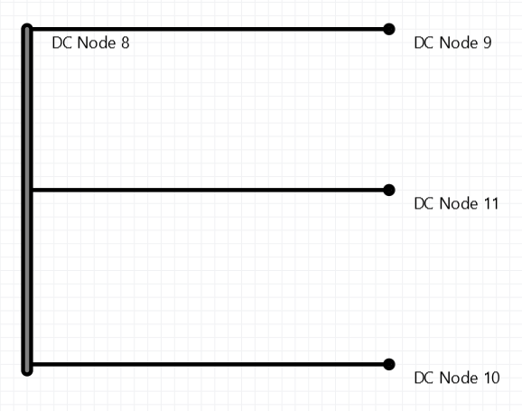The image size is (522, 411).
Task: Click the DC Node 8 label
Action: pyautogui.click(x=90, y=43)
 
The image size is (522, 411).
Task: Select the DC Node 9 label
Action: pyautogui.click(x=452, y=43)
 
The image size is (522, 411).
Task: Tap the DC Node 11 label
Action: pyautogui.click(x=456, y=203)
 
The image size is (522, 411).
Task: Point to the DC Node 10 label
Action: pyautogui.click(x=457, y=378)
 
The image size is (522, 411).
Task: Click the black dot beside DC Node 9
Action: pyautogui.click(x=389, y=29)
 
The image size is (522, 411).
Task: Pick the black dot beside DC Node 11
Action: pyautogui.click(x=389, y=191)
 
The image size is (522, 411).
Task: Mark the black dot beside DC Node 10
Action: pyautogui.click(x=389, y=364)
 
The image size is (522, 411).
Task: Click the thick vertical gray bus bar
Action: pyautogui.click(x=27, y=200)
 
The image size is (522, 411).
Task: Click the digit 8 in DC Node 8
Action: pyautogui.click(x=126, y=43)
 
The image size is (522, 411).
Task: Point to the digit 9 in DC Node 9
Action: pyautogui.click(x=488, y=43)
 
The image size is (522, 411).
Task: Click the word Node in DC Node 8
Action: pyautogui.click(x=97, y=43)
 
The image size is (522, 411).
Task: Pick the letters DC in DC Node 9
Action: pyautogui.click(x=424, y=43)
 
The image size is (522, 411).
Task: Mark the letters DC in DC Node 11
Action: pyautogui.click(x=424, y=203)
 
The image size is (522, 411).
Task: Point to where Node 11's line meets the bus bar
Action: pyautogui.click(x=33, y=191)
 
